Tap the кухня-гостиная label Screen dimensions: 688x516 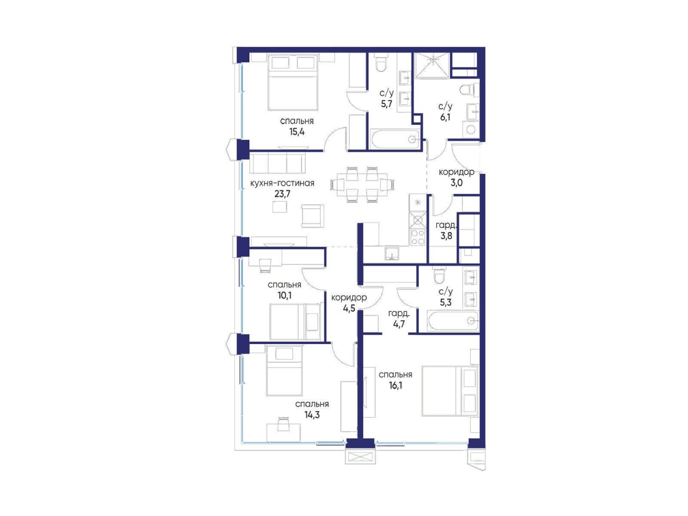point(282,183)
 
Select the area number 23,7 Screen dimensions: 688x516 point(282,194)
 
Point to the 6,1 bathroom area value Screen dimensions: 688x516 point(445,118)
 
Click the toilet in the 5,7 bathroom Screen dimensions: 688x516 point(382,64)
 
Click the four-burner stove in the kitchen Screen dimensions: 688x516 point(418,237)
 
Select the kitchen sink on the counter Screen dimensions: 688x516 point(392,254)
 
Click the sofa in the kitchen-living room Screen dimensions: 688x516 point(277,163)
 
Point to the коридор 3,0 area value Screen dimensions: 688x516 point(456,183)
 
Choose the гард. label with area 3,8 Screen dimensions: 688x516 point(446,225)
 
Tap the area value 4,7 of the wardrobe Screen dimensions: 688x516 point(399,324)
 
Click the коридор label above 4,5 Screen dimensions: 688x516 point(349,298)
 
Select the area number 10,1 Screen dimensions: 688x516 point(284,295)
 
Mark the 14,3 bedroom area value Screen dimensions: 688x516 point(312,415)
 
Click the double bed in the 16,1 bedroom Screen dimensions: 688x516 point(450,391)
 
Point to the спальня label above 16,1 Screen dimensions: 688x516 point(395,375)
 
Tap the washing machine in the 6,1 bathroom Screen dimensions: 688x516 point(470,129)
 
